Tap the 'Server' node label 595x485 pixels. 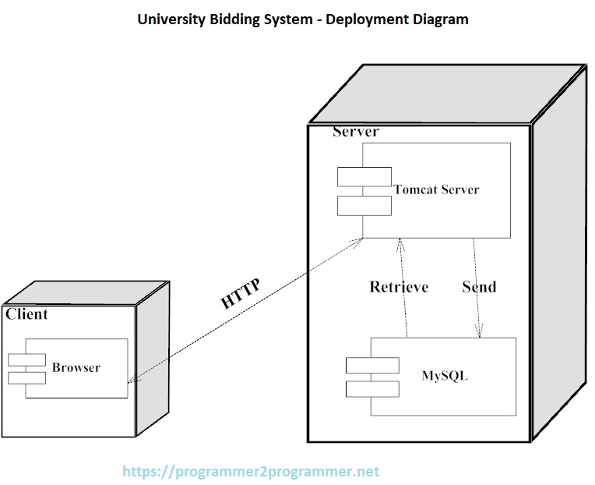tap(355, 131)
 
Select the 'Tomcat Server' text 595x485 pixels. tap(436, 189)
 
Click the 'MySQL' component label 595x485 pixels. tap(445, 376)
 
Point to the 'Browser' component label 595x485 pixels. tap(76, 367)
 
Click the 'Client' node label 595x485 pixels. tap(26, 314)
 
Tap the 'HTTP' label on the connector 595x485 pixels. tap(241, 294)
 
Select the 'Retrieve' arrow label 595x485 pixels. tap(399, 287)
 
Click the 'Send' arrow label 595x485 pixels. tap(479, 286)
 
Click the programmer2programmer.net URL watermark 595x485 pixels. tap(252, 472)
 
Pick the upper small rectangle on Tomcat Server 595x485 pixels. tap(364, 177)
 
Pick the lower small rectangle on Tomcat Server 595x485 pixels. tap(364, 206)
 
